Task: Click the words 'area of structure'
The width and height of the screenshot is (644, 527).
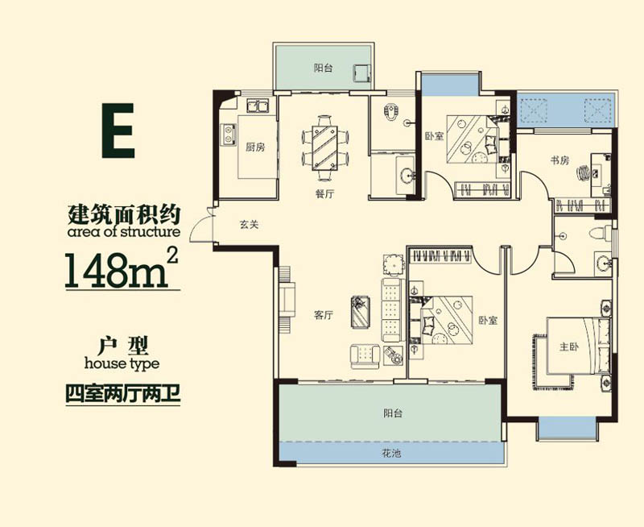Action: pos(123,232)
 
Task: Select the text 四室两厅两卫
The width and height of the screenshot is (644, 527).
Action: pos(121,395)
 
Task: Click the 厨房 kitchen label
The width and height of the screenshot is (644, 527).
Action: pos(255,147)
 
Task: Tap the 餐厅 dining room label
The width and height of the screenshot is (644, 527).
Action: pos(324,193)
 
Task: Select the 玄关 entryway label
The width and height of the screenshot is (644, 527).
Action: pos(249,225)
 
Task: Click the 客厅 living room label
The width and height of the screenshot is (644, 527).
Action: pos(323,316)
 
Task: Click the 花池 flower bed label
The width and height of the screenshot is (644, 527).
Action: pos(390,454)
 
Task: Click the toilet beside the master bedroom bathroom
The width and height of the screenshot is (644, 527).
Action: pos(597,234)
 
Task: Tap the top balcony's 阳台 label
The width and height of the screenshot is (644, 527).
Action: pos(323,68)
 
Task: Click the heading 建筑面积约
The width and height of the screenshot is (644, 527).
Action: pos(122,214)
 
